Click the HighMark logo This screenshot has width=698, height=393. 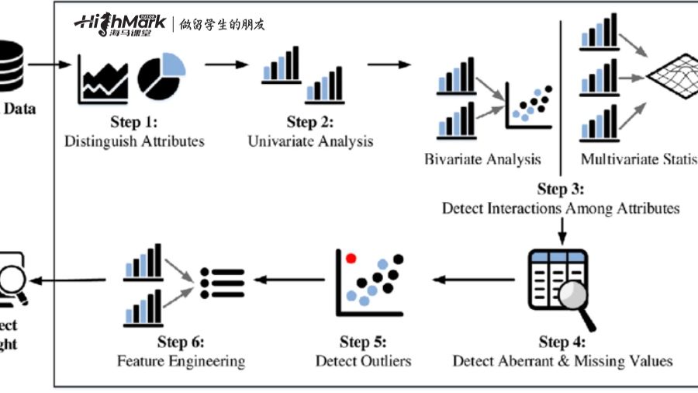[x=120, y=23]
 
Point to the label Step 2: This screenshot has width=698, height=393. [x=309, y=122]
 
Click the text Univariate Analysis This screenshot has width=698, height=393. [x=310, y=141]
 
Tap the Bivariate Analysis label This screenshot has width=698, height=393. [x=482, y=159]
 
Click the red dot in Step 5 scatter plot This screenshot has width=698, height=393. [x=351, y=257]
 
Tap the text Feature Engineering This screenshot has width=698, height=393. [x=181, y=361]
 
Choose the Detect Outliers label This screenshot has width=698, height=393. [x=363, y=361]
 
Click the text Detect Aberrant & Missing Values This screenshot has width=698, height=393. [x=562, y=361]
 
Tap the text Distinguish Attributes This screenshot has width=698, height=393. [x=134, y=141]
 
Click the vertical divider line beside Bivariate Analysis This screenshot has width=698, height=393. [x=561, y=93]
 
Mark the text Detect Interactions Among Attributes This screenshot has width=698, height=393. [x=561, y=208]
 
